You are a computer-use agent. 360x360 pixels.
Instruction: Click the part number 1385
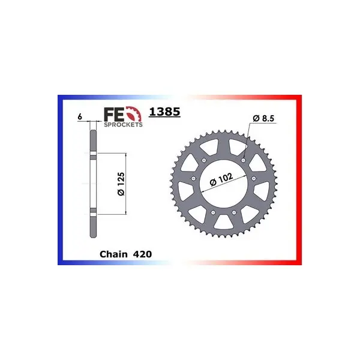[x=164, y=112]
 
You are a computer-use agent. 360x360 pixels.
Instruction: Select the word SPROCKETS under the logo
[x=123, y=125]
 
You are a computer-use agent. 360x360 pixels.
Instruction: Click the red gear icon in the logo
[x=134, y=114]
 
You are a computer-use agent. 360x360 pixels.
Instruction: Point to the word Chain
[x=113, y=254]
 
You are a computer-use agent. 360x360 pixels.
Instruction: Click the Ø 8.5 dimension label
[x=263, y=118]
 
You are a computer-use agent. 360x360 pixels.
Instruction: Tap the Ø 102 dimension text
[x=221, y=179]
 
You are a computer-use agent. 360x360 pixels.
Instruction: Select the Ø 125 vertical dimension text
[x=121, y=184]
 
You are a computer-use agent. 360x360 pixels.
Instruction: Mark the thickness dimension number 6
[x=80, y=116]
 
